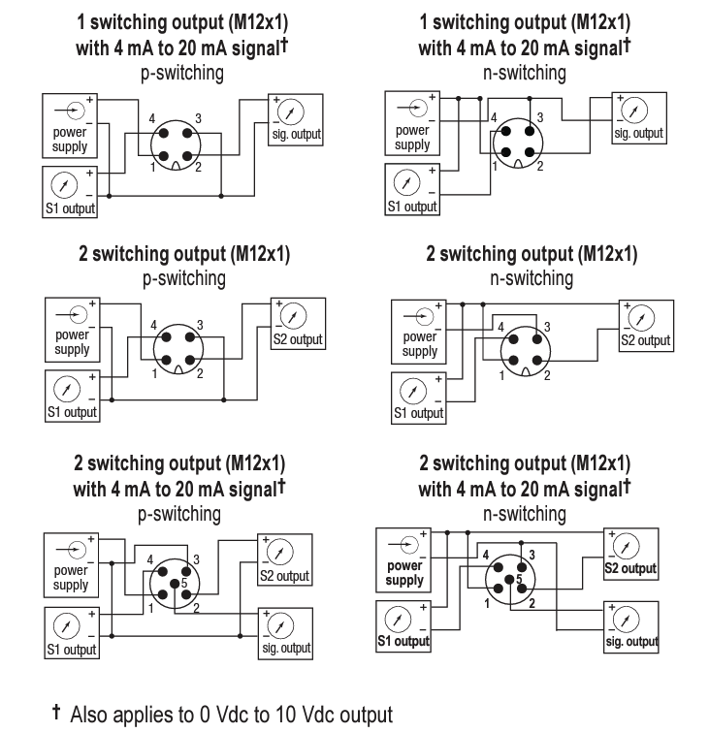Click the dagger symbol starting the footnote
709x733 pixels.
(x=56, y=713)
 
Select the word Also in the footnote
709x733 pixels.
(x=92, y=715)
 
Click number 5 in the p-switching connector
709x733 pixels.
(x=183, y=583)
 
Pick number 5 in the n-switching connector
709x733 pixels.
(x=519, y=579)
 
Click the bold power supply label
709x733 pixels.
(x=405, y=573)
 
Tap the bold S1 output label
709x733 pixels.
(x=403, y=641)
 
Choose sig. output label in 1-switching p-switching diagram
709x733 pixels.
(x=295, y=134)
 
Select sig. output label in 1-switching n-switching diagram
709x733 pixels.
(x=638, y=134)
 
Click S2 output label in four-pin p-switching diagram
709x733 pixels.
(x=297, y=339)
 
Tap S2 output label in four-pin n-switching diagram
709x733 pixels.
(x=645, y=340)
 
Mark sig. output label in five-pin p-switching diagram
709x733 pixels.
(x=285, y=648)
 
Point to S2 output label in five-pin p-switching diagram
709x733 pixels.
(x=284, y=576)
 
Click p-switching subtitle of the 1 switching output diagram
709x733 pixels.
(x=183, y=72)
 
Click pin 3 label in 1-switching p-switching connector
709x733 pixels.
(x=198, y=118)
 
